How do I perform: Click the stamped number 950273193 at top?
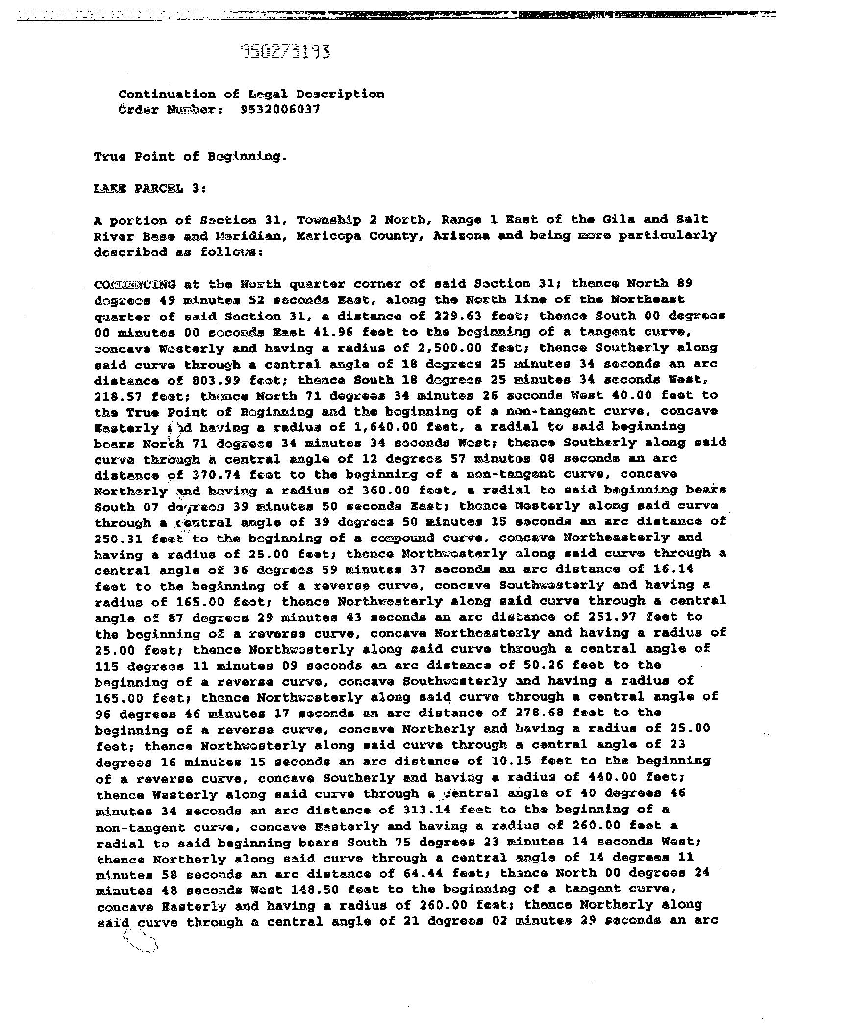click(286, 51)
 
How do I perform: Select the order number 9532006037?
click(280, 109)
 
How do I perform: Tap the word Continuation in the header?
click(167, 94)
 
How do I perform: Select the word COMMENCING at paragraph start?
click(135, 284)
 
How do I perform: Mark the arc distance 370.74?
click(216, 475)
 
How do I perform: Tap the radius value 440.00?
click(609, 777)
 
